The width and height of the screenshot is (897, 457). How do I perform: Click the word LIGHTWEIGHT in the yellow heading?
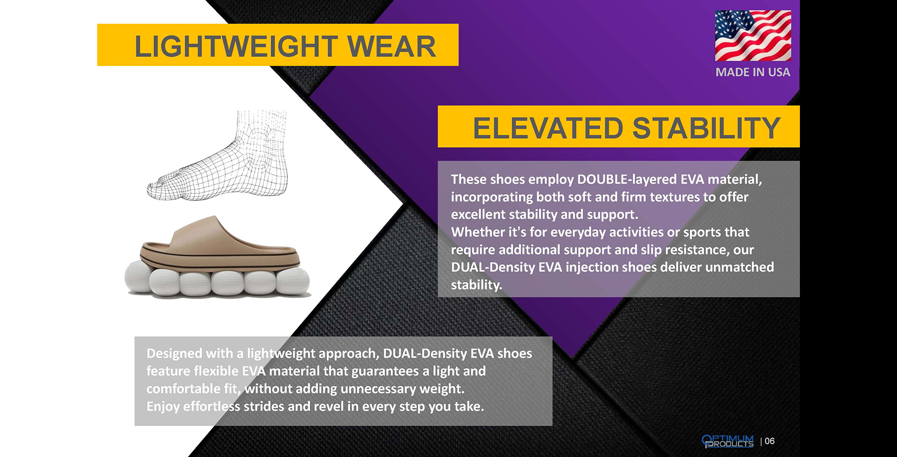[x=236, y=46]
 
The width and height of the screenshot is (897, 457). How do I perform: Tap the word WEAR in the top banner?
[x=391, y=46]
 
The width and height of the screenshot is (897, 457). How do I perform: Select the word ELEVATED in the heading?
[x=548, y=128]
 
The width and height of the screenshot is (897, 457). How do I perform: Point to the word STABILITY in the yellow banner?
[x=706, y=128]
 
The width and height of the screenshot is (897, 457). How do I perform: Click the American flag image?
[x=753, y=36]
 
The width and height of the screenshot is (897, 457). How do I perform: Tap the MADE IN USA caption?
[x=753, y=72]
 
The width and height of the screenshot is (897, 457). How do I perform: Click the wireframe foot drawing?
[x=218, y=155]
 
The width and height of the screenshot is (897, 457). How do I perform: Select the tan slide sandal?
[x=220, y=244]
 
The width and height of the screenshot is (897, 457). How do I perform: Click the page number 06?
[x=770, y=441]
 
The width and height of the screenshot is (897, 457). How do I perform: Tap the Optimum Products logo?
[x=728, y=441]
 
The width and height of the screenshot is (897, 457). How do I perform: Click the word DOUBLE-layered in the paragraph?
[x=627, y=179]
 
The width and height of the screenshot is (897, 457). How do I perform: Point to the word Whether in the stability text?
[x=478, y=232]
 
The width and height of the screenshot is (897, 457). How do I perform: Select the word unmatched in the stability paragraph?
[x=739, y=267]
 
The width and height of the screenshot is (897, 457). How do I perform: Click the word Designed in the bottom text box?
[x=174, y=354]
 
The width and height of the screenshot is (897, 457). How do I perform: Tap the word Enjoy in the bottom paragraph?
[x=163, y=407]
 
